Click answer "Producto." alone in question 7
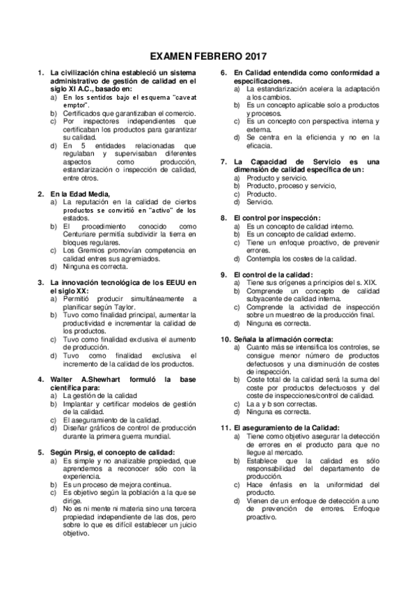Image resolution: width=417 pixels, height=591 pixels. click(x=262, y=194)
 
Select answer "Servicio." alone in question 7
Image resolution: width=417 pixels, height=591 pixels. click(x=260, y=202)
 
